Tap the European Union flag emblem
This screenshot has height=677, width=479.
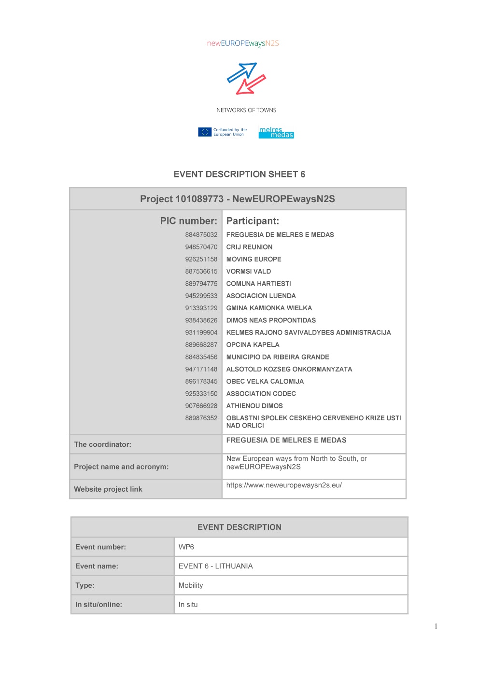coord(205,132)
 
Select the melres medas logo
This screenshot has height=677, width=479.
coord(276,132)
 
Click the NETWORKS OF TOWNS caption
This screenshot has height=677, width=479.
coord(246,110)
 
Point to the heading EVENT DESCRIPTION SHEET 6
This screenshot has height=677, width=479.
coord(239,174)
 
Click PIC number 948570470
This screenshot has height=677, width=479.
coord(201,247)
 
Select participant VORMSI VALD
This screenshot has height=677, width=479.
coord(249,271)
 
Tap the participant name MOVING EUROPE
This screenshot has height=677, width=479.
coord(254,259)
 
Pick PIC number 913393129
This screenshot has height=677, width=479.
coord(201,308)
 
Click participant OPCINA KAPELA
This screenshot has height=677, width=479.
coord(253,345)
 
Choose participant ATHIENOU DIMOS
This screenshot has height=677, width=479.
coord(254,406)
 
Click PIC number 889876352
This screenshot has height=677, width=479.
coord(201,418)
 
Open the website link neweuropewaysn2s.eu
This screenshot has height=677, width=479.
coord(284,485)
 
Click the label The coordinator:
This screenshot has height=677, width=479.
coord(103,444)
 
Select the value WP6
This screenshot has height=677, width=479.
coord(186,547)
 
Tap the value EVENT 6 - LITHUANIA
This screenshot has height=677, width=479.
coord(216,566)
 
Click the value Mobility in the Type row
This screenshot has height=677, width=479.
coord(191,585)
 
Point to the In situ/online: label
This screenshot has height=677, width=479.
coord(99,604)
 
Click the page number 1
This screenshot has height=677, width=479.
coord(436,626)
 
